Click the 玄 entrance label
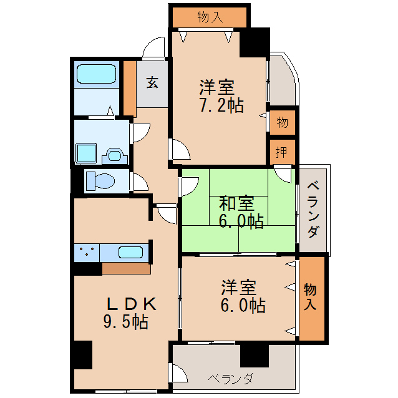[152, 82]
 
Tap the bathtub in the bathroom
[97, 74]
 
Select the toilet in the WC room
[100, 181]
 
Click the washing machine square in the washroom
[85, 152]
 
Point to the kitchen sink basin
[130, 253]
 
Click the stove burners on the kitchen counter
[86, 253]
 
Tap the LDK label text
[130, 304]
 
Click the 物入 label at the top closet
[210, 17]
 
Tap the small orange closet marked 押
[282, 151]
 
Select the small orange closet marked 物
[282, 122]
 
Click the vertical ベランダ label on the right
[314, 209]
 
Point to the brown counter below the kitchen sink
[126, 268]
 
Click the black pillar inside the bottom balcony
[254, 355]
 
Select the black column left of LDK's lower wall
[82, 355]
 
